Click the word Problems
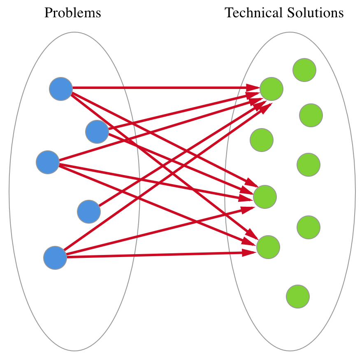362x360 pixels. [x=72, y=13]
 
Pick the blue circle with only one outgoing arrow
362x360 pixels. [x=89, y=212]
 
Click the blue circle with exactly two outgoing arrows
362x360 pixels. [x=97, y=132]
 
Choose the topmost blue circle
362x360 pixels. [x=61, y=89]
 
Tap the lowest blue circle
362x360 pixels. [x=55, y=258]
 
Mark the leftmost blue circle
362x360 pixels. [x=48, y=162]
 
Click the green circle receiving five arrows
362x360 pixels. [x=271, y=89]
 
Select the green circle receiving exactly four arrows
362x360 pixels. [x=265, y=197]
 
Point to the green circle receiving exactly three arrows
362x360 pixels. [x=268, y=247]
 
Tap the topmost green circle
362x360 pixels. [x=304, y=70]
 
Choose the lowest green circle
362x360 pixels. [x=298, y=296]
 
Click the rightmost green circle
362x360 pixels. [x=311, y=115]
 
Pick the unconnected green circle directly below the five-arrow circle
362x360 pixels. [x=262, y=140]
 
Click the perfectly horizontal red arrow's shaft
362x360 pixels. [x=160, y=88]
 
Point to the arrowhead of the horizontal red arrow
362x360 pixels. [x=253, y=88]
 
